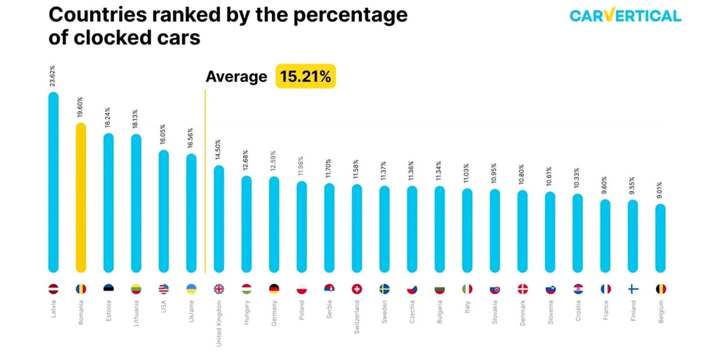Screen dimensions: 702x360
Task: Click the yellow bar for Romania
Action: (x=81, y=198)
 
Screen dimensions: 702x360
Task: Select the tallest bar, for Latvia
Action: (x=53, y=182)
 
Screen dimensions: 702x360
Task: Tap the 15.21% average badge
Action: (x=305, y=76)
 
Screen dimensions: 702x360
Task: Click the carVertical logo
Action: (x=625, y=15)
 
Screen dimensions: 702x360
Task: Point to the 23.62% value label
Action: (x=52, y=76)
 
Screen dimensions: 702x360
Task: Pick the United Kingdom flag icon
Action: (x=219, y=289)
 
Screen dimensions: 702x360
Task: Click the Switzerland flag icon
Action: (x=357, y=289)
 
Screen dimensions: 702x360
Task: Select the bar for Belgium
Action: (x=660, y=238)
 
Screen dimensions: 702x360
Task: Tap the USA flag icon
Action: (x=163, y=289)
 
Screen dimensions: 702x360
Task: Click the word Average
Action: (x=236, y=76)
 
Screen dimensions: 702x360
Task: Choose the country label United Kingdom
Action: (x=219, y=324)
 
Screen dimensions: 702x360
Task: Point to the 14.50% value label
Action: (x=218, y=150)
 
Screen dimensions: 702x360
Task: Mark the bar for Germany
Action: (x=274, y=224)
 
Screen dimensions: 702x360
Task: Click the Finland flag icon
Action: (x=633, y=289)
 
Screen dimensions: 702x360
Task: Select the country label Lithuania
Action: (x=136, y=313)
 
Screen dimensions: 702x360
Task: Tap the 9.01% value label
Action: (x=659, y=190)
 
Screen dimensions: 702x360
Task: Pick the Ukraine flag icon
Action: (x=191, y=289)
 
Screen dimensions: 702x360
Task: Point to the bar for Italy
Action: (x=467, y=230)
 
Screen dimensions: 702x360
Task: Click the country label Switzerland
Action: (x=357, y=317)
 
